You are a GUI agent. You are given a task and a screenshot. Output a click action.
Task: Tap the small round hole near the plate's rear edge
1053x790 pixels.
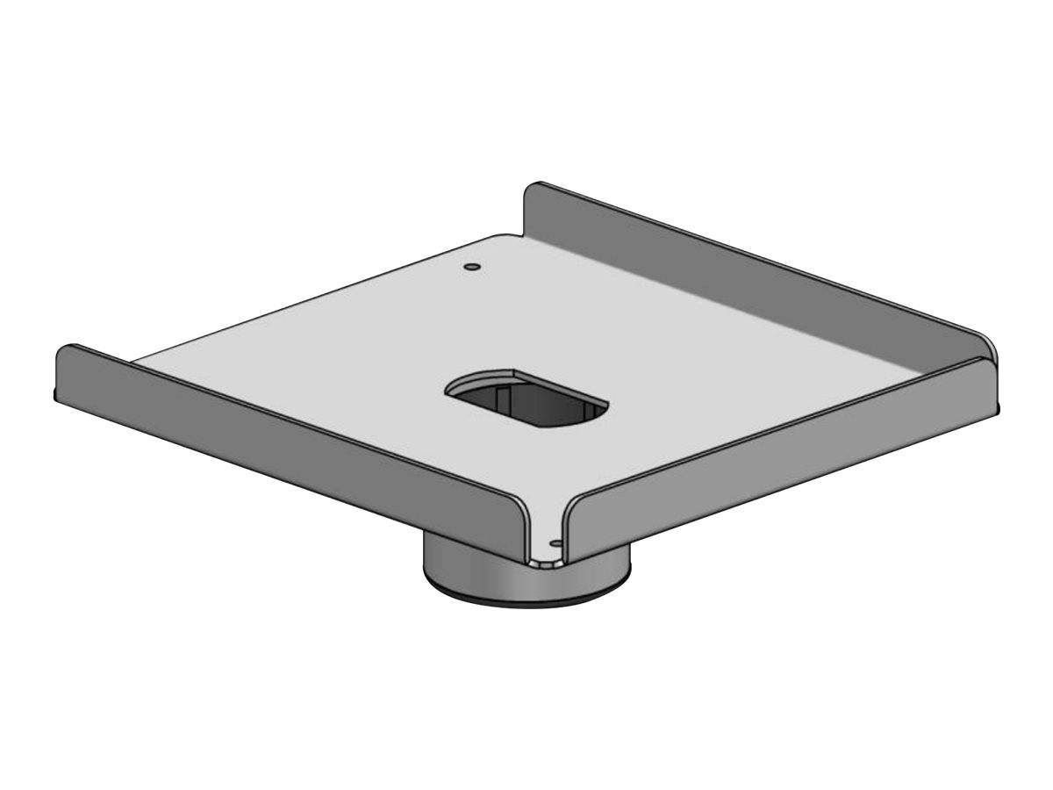click(472, 265)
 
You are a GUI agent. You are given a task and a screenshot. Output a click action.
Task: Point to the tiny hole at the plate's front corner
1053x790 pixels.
click(555, 543)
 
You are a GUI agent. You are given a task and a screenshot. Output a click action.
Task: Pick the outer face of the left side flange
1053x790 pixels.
click(290, 430)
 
